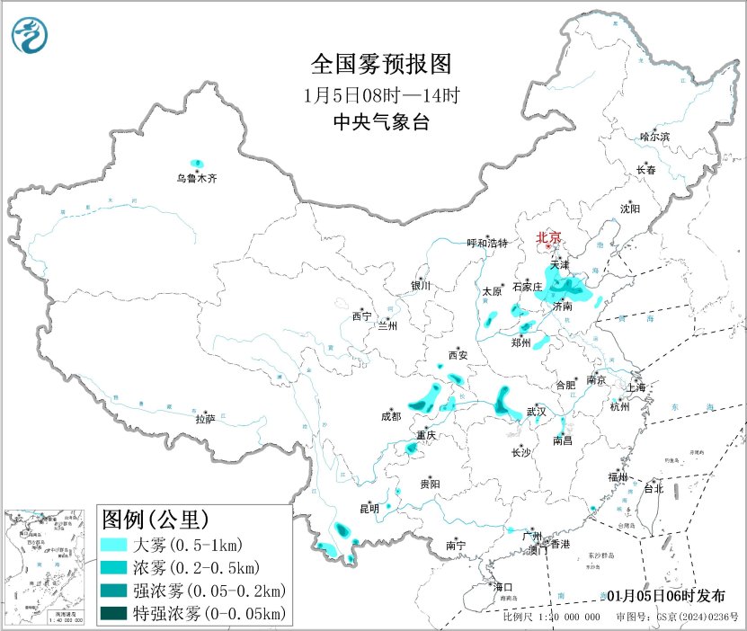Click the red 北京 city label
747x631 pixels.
coord(548,237)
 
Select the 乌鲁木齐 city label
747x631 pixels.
coord(196,179)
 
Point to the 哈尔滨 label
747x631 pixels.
coord(654,137)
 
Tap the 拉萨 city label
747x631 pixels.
coord(205,418)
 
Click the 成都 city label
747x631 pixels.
coord(391,416)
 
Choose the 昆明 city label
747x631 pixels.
coord(369,509)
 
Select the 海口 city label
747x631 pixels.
coord(502,587)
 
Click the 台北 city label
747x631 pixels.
coord(653,489)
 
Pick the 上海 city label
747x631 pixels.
coord(638,387)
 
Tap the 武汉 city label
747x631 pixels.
coord(537,411)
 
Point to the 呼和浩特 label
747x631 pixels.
coord(487,244)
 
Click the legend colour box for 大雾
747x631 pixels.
coord(114,546)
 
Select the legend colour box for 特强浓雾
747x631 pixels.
coord(114,614)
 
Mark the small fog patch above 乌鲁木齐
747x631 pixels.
coord(197,163)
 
